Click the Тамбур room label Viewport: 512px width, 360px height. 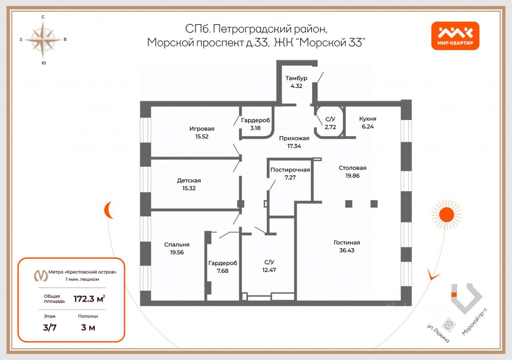[x=296, y=78]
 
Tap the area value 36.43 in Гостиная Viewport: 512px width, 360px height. [x=346, y=250]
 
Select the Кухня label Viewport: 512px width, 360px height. [x=367, y=119]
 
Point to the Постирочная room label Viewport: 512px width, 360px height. [x=290, y=170]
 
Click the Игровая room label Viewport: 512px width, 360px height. [x=202, y=129]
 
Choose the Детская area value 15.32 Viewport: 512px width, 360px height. [x=189, y=188]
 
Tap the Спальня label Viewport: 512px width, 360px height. [x=176, y=244]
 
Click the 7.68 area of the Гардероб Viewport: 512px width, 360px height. [x=222, y=270]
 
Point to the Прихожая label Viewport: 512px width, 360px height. [x=294, y=138]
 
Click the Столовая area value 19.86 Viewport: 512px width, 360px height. [x=352, y=176]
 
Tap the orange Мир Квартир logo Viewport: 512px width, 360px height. [x=455, y=36]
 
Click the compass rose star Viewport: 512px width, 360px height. [x=43, y=40]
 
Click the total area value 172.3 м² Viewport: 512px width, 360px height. [x=89, y=298]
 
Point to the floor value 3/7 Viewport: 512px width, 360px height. [x=50, y=328]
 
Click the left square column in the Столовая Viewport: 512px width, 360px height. [x=349, y=204]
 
